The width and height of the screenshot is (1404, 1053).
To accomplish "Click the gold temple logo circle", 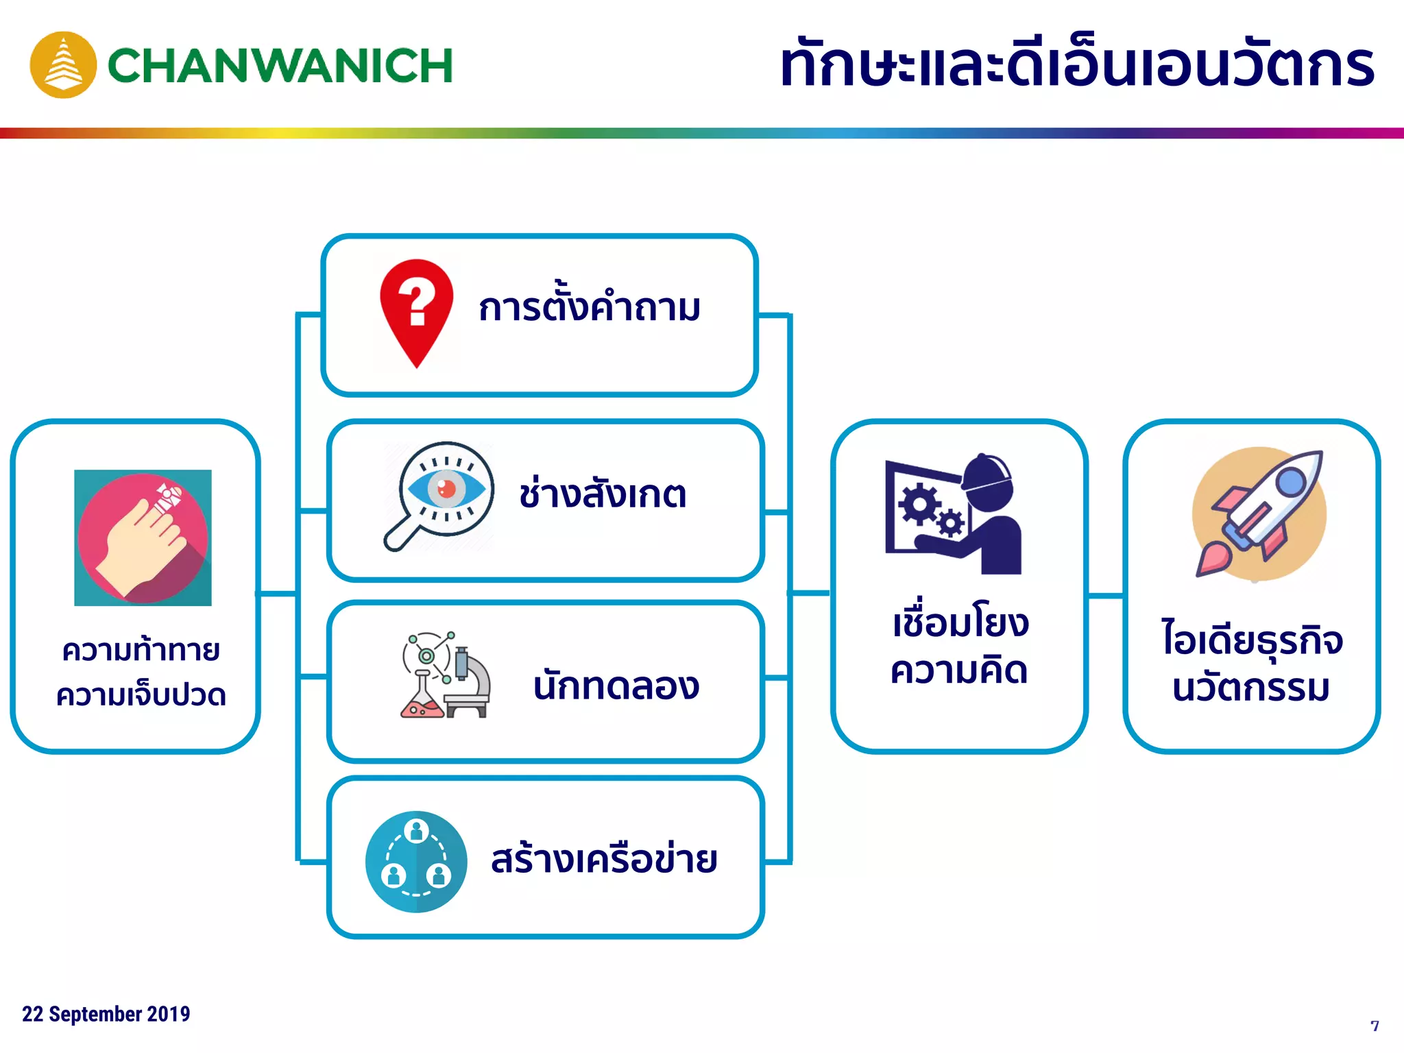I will pyautogui.click(x=63, y=65).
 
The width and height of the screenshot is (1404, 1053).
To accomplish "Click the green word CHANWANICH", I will pyautogui.click(x=280, y=66).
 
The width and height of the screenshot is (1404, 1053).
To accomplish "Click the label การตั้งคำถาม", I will pyautogui.click(x=590, y=308).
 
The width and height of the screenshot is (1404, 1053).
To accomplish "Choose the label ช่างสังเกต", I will pyautogui.click(x=603, y=494).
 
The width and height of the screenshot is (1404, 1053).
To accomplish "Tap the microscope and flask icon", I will pyautogui.click(x=446, y=675).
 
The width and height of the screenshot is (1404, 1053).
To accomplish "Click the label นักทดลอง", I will pyautogui.click(x=616, y=685).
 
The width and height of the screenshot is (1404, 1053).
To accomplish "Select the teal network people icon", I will pyautogui.click(x=416, y=862).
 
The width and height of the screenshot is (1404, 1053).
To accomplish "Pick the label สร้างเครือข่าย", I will pyautogui.click(x=604, y=860).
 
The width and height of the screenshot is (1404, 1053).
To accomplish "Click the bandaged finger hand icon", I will pyautogui.click(x=143, y=537).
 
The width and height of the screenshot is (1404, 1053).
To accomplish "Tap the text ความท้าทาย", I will pyautogui.click(x=141, y=650).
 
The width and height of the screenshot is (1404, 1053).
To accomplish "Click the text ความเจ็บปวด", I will pyautogui.click(x=141, y=695).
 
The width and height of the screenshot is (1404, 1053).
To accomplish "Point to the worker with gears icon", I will pyautogui.click(x=954, y=514).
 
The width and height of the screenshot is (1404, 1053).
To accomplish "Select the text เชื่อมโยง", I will pyautogui.click(x=960, y=623).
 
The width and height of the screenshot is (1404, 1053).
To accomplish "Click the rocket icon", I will pyautogui.click(x=1259, y=513).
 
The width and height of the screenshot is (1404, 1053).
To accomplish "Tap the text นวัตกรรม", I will pyautogui.click(x=1251, y=688).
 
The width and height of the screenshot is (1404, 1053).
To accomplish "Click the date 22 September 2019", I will pyautogui.click(x=106, y=1014).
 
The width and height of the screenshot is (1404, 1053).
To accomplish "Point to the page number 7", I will pyautogui.click(x=1375, y=1026).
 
